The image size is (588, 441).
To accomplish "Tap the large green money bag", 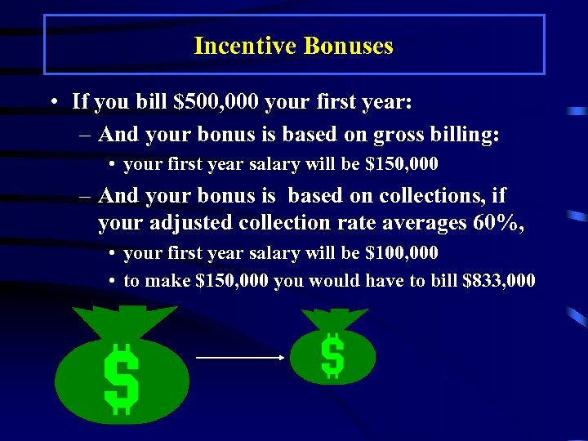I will [122, 372].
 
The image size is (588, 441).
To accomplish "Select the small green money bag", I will [332, 351].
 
